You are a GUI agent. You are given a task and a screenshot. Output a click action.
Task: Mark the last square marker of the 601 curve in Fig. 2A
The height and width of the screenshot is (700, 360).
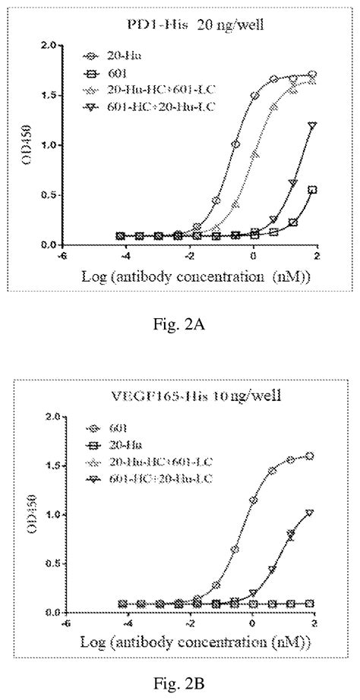click(312, 190)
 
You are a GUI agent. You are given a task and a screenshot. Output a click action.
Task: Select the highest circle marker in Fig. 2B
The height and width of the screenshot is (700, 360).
click(311, 456)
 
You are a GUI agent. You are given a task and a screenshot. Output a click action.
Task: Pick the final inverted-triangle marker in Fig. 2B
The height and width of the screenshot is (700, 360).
click(311, 512)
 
